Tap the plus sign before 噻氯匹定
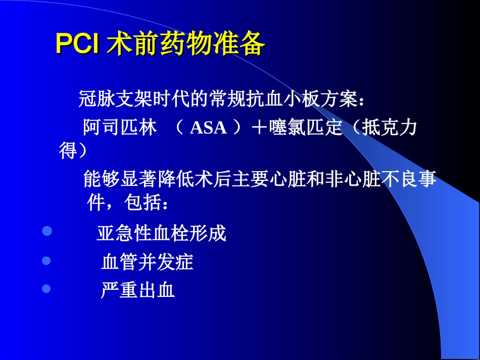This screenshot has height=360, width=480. pyautogui.click(x=259, y=128)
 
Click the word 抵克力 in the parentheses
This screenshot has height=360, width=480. pyautogui.click(x=389, y=128)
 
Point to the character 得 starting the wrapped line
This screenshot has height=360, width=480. pyautogui.click(x=68, y=150)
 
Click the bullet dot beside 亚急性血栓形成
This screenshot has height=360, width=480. pyautogui.click(x=47, y=232)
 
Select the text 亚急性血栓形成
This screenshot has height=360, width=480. pyautogui.click(x=161, y=233)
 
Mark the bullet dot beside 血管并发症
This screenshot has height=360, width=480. pyautogui.click(x=47, y=261)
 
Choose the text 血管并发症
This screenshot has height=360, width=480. pyautogui.click(x=147, y=262)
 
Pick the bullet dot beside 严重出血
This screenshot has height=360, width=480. pyautogui.click(x=47, y=289)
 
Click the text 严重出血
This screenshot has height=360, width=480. pyautogui.click(x=137, y=290)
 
